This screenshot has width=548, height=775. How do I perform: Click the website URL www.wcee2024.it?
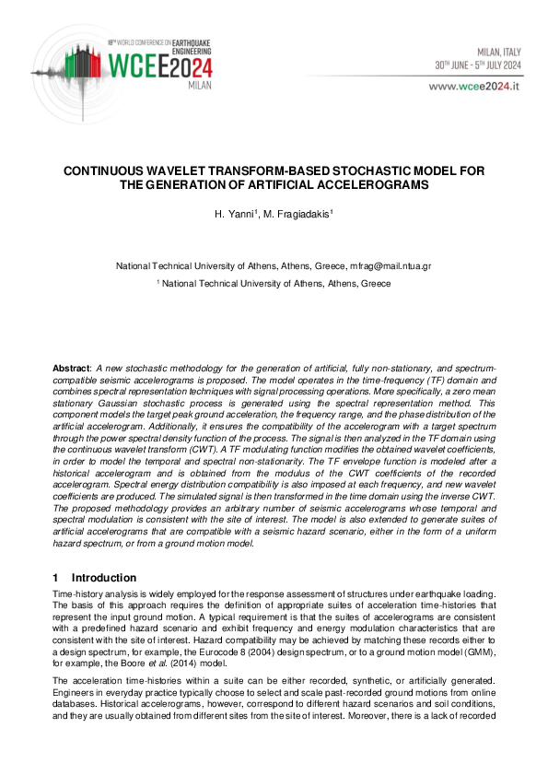tap(473, 85)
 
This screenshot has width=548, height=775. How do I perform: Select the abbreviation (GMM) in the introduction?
tap(477, 639)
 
